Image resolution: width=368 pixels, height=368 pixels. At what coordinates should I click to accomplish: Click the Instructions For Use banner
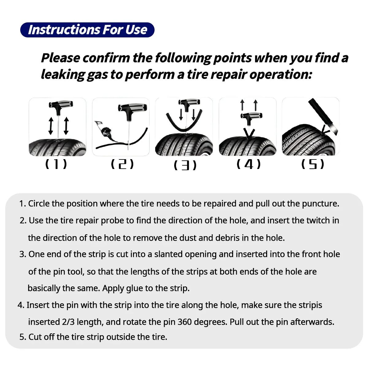click(87, 30)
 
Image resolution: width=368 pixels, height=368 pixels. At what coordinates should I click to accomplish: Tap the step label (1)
click(56, 164)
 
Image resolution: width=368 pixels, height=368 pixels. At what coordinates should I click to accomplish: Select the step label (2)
click(122, 164)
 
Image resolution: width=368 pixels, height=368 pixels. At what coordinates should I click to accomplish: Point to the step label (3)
click(185, 166)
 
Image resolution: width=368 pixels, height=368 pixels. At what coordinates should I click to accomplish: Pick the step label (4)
click(248, 164)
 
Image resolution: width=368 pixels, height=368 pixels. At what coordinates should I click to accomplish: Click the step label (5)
click(312, 164)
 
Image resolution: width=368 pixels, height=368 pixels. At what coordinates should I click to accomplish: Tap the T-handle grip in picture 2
click(134, 108)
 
